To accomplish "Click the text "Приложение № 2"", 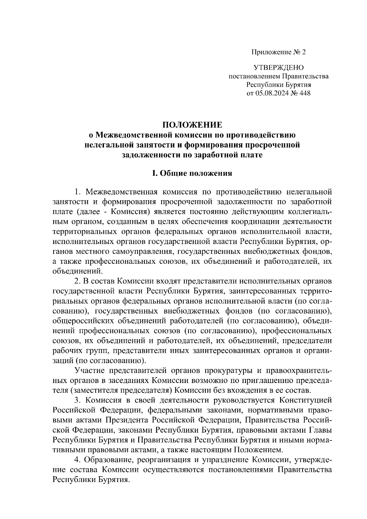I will click(x=278, y=52).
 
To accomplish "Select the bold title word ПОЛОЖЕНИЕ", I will click(x=192, y=125).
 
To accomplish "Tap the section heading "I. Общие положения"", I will click(x=192, y=174).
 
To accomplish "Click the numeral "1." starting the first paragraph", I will click(x=77, y=192).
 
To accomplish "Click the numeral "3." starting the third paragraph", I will click(x=77, y=400).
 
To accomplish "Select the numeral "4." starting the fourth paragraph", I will click(x=77, y=460).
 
